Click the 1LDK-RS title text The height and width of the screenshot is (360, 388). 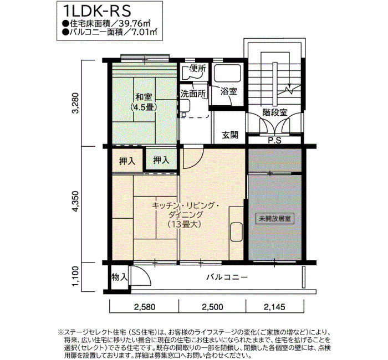[96, 11]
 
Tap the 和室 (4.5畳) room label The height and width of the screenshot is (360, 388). [144, 102]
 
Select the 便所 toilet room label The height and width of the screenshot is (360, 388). [197, 69]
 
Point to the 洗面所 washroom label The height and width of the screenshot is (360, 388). [193, 94]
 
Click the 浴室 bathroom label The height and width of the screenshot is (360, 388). [228, 91]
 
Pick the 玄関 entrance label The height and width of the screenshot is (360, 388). [230, 135]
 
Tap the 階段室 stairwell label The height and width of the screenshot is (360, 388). [275, 112]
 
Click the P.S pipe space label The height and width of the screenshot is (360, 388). [275, 141]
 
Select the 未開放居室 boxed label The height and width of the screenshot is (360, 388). [275, 219]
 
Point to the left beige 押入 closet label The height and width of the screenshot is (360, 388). [127, 161]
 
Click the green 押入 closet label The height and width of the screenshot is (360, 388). [161, 160]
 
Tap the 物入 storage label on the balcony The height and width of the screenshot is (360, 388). [120, 277]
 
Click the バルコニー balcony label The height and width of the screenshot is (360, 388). [227, 277]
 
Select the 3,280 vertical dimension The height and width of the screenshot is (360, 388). [75, 103]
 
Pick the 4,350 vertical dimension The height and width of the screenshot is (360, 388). [75, 201]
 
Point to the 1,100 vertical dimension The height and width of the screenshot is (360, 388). [75, 276]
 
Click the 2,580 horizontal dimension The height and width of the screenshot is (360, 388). [145, 307]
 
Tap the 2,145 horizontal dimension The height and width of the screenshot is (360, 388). [275, 307]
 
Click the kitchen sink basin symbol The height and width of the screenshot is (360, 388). [237, 232]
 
